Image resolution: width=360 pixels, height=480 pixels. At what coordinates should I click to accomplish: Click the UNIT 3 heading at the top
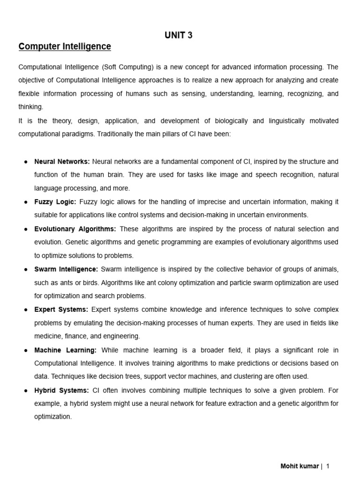tap(178, 35)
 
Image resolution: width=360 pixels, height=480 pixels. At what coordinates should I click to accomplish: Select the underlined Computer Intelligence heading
tap(65, 46)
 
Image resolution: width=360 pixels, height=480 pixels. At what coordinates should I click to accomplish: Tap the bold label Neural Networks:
tap(62, 162)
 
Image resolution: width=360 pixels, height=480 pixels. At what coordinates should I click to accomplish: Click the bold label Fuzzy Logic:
tap(55, 202)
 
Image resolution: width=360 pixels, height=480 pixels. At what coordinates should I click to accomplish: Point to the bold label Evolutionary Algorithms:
tap(75, 229)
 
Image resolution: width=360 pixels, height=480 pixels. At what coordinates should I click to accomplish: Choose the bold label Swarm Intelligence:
tap(66, 269)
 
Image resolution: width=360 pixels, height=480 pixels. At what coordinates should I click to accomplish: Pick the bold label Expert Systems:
tap(61, 309)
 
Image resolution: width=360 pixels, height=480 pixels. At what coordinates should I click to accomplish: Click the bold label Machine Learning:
tap(66, 350)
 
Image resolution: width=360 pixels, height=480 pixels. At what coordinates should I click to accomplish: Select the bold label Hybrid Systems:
tap(61, 390)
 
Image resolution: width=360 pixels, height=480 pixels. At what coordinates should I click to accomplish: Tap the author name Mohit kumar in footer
tap(300, 466)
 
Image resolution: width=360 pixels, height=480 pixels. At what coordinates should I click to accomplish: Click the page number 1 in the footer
tap(328, 466)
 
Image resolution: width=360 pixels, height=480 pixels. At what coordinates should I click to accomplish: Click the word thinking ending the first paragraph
tap(30, 107)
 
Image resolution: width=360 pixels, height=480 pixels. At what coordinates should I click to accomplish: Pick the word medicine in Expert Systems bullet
tap(48, 336)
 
